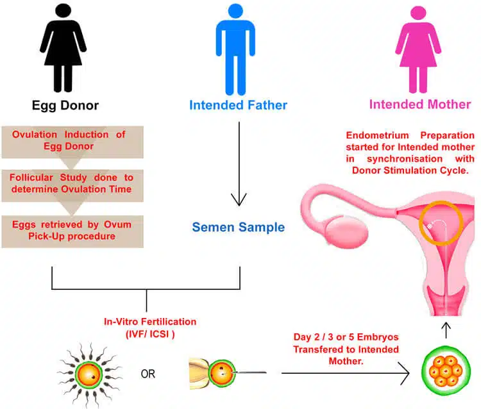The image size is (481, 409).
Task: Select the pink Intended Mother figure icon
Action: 420,48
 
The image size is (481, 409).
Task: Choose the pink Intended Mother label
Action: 420,104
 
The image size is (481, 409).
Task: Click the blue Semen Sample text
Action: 239,227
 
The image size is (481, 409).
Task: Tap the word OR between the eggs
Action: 148,374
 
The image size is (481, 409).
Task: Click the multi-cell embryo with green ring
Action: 444,372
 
